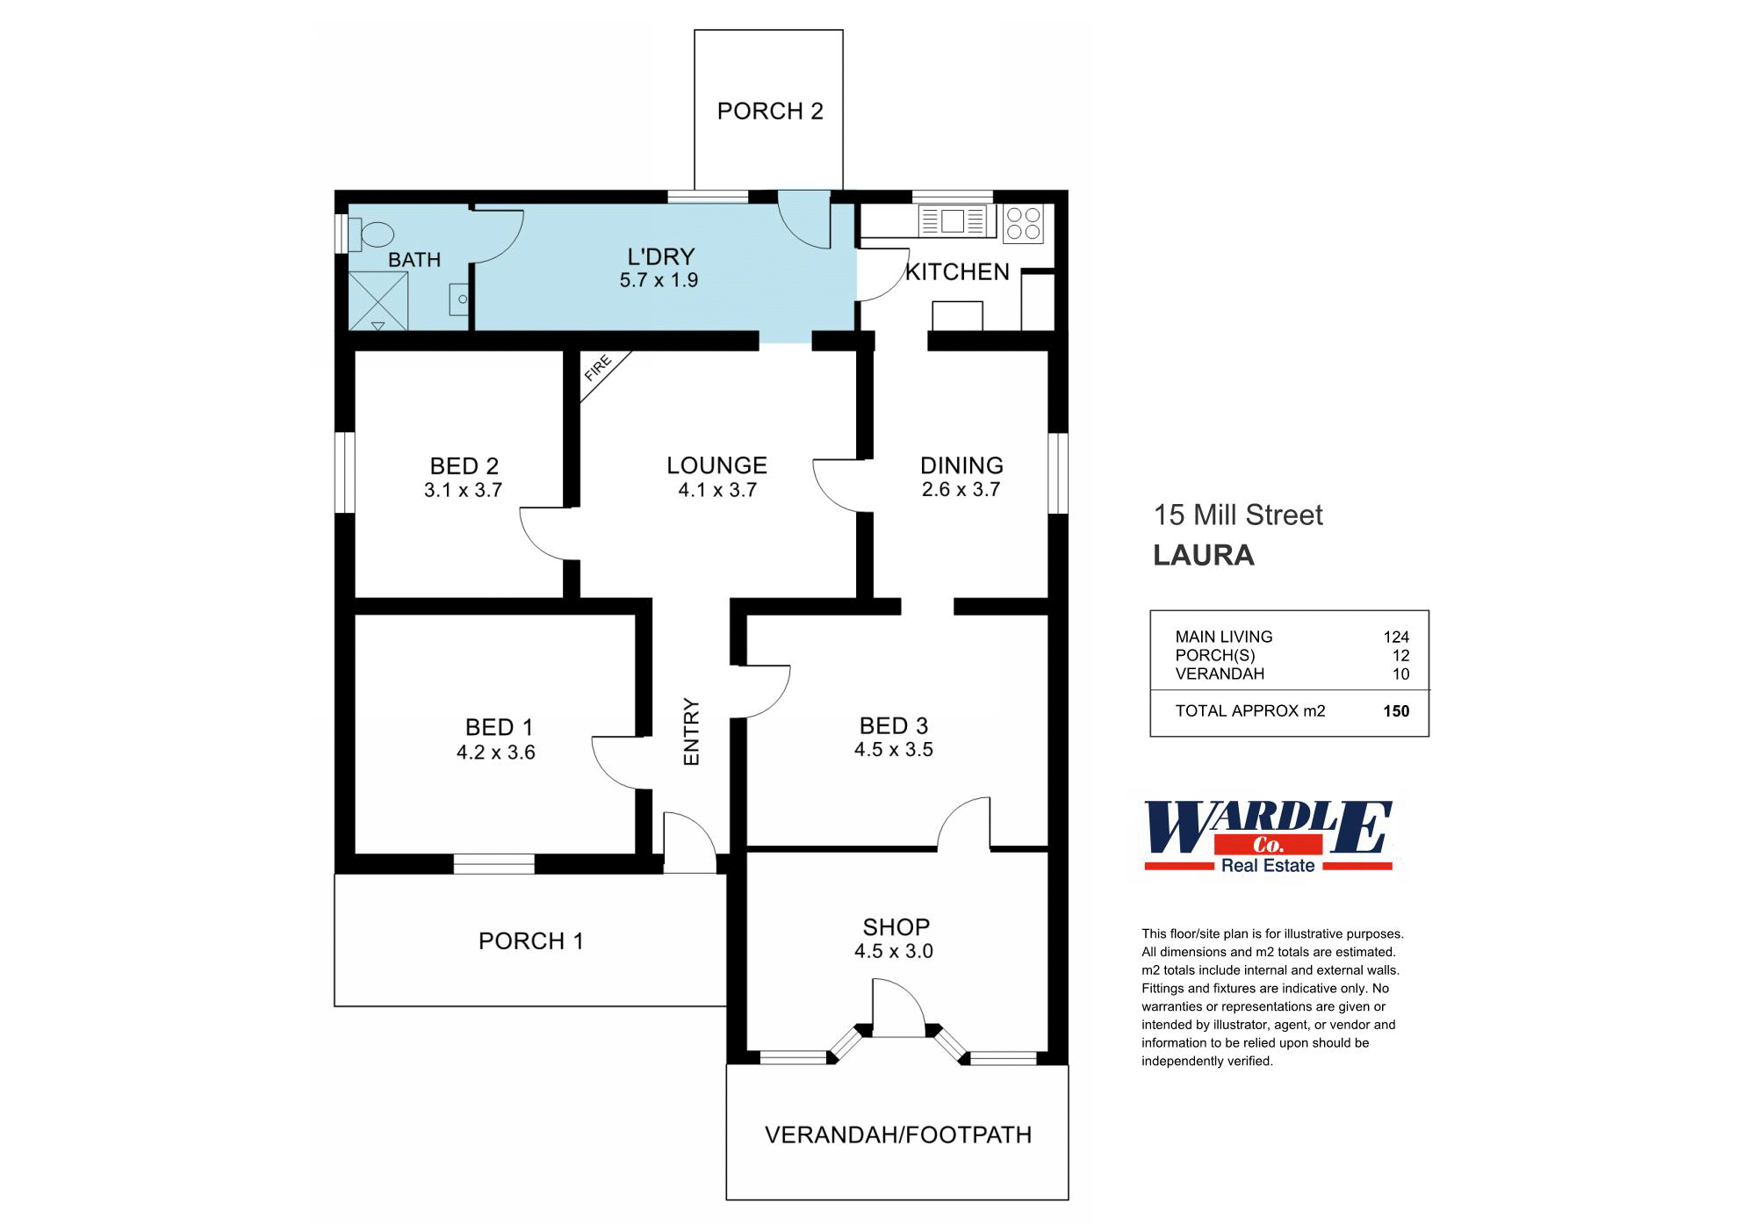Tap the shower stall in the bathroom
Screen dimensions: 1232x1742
pyautogui.click(x=378, y=301)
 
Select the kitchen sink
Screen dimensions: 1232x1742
pyautogui.click(x=954, y=220)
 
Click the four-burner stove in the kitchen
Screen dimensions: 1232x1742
pyautogui.click(x=1023, y=223)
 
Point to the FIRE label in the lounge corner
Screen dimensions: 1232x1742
pyautogui.click(x=598, y=368)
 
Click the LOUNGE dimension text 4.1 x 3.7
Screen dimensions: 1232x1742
pyautogui.click(x=717, y=490)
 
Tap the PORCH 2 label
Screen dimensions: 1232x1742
pyautogui.click(x=770, y=112)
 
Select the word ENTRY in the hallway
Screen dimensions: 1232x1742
pyautogui.click(x=692, y=731)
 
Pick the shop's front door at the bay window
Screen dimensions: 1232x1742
pyautogui.click(x=897, y=1010)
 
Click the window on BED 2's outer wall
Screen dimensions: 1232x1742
pyautogui.click(x=346, y=472)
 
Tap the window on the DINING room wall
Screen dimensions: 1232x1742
pyautogui.click(x=1058, y=472)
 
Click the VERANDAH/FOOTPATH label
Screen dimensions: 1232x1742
pyautogui.click(x=897, y=1135)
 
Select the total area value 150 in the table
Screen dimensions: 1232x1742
pyautogui.click(x=1395, y=711)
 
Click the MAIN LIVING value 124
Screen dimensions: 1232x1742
pyautogui.click(x=1395, y=637)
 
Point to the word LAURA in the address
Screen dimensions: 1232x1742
pyautogui.click(x=1203, y=555)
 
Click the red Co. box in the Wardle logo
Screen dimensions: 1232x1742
pyautogui.click(x=1267, y=846)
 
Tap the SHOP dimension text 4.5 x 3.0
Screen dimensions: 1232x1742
pyautogui.click(x=893, y=951)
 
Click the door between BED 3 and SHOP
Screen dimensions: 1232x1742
pyautogui.click(x=964, y=825)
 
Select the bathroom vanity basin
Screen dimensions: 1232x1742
pyautogui.click(x=459, y=299)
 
